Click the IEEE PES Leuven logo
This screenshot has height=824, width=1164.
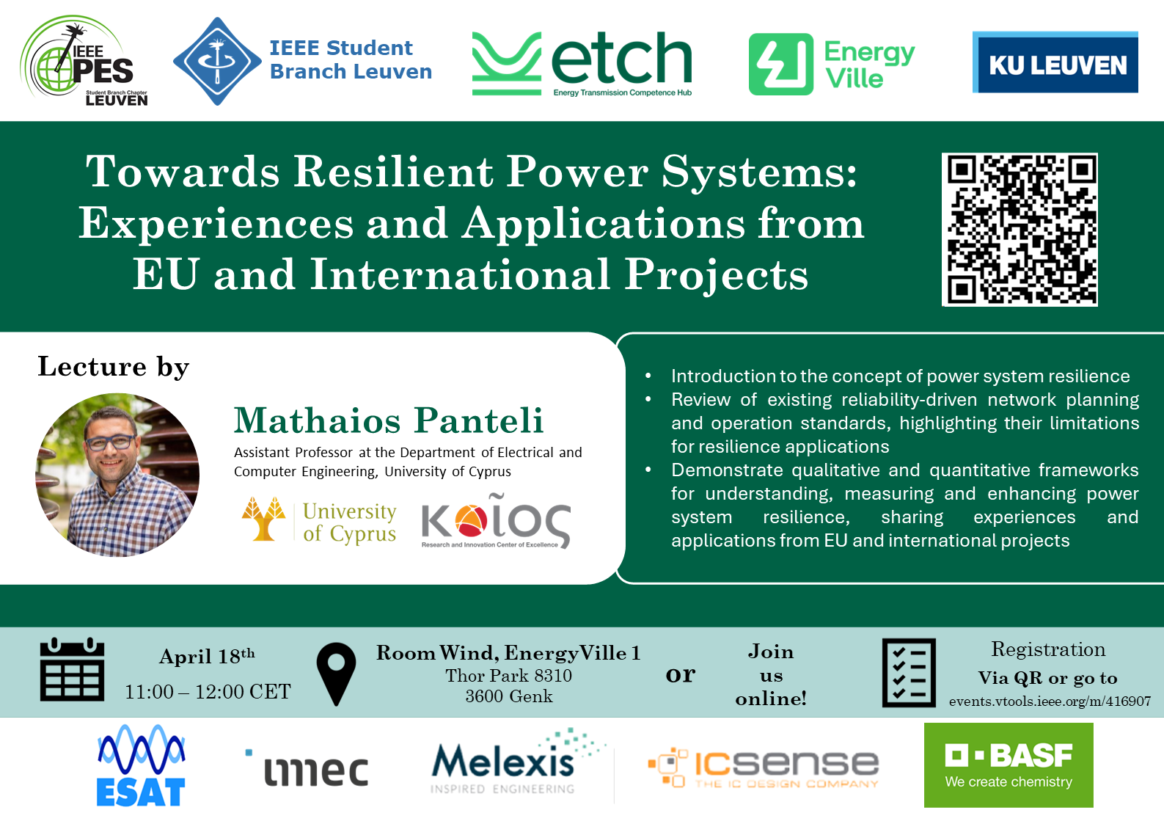point(84,60)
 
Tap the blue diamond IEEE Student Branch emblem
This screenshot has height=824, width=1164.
point(217,61)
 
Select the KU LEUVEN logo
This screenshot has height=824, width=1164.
point(1055,62)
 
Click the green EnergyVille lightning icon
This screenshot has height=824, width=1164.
point(780,64)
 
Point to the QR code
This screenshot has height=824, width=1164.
point(1020,229)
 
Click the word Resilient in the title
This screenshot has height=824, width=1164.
point(393,172)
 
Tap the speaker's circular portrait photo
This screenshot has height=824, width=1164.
point(117,475)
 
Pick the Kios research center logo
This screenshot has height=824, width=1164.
point(497,520)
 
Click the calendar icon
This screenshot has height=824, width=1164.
point(72,670)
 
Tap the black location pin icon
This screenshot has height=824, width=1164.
point(336,674)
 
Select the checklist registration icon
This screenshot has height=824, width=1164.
point(909,673)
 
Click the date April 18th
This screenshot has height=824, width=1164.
point(207,656)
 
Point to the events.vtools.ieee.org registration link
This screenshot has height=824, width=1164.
point(1050,701)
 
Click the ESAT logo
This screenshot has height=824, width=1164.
point(141,765)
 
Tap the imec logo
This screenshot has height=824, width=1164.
point(307,768)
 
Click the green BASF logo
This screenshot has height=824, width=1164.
point(1009,765)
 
